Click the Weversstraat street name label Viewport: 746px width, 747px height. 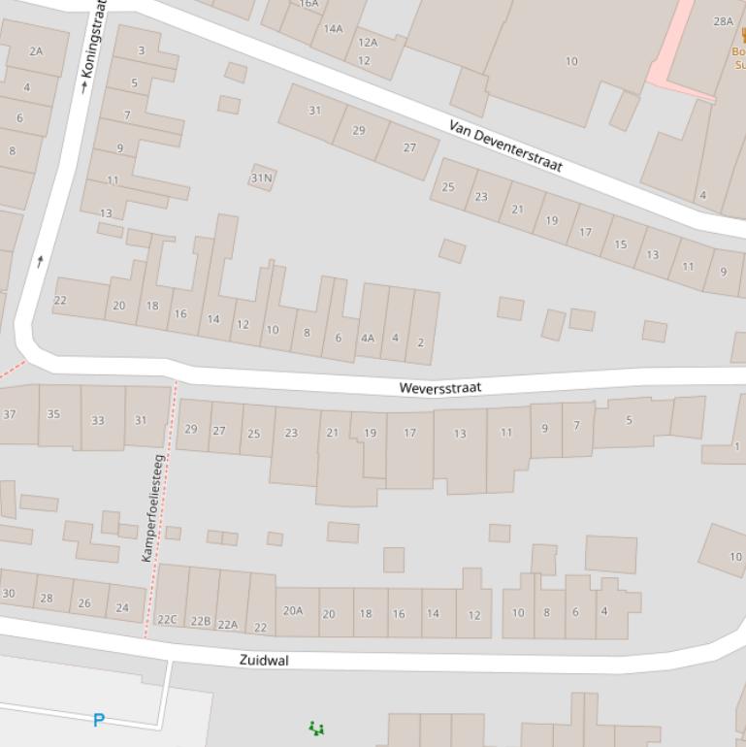click(439, 387)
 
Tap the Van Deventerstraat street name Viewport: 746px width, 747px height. click(505, 146)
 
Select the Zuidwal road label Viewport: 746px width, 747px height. click(263, 660)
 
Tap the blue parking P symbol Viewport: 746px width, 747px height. click(98, 720)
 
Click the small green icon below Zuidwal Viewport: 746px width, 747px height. click(315, 728)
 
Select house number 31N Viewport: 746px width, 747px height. click(261, 178)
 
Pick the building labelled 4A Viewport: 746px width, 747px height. click(367, 339)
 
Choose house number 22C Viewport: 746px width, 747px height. click(167, 619)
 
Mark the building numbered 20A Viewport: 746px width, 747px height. click(292, 610)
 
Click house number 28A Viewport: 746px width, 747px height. click(723, 21)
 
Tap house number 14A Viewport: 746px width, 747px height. click(333, 29)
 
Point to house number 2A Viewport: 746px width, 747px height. click(36, 51)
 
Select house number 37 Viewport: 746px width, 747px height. click(10, 414)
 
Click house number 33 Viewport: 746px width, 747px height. click(97, 420)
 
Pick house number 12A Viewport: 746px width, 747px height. click(368, 43)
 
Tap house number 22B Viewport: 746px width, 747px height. click(200, 621)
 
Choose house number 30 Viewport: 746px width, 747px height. click(9, 594)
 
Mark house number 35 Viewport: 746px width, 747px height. click(53, 414)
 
